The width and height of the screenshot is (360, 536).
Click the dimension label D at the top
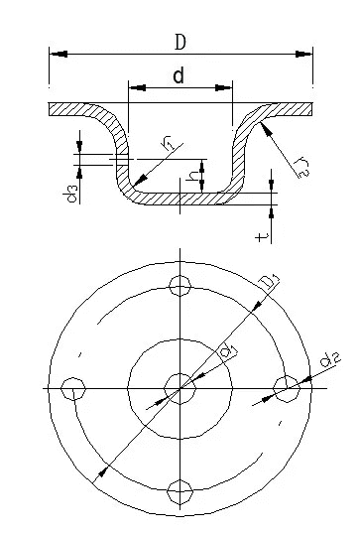point(180,43)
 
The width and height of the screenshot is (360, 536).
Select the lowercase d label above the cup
point(179,75)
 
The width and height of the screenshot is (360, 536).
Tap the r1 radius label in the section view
point(169,145)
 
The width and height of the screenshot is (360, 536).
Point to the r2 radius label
point(302,167)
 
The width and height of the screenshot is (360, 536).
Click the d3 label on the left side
point(70,194)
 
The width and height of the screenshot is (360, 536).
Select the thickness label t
point(262,236)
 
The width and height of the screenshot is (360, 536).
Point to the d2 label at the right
point(330,359)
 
